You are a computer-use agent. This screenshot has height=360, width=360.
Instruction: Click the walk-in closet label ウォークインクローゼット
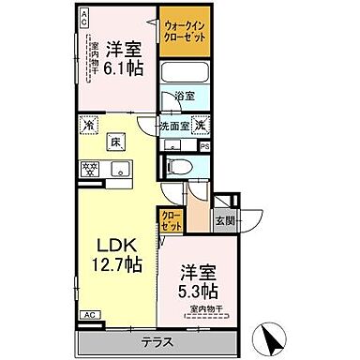(x=187, y=28)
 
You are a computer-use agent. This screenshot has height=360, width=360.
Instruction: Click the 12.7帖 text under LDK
(x=117, y=265)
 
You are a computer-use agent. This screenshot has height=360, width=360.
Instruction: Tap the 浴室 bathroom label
(x=186, y=96)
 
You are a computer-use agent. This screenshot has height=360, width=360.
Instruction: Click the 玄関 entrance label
(x=224, y=221)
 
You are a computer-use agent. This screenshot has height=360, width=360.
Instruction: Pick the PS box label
(x=205, y=145)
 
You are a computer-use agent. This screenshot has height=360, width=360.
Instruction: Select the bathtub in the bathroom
(x=187, y=72)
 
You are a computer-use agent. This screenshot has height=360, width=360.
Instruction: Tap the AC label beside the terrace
(x=90, y=315)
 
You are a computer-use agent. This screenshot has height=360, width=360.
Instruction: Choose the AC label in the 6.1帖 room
(x=83, y=16)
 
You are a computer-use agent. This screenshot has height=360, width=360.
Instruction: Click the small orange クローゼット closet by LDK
(x=171, y=221)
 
